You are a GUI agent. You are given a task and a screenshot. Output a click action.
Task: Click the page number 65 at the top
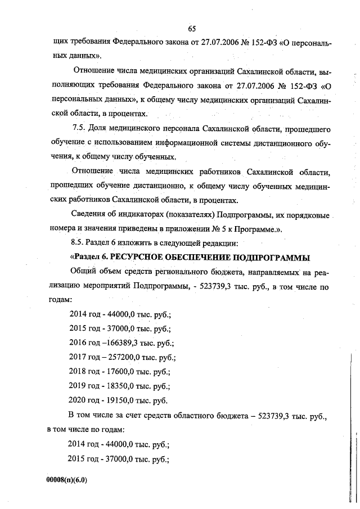[191, 29]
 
